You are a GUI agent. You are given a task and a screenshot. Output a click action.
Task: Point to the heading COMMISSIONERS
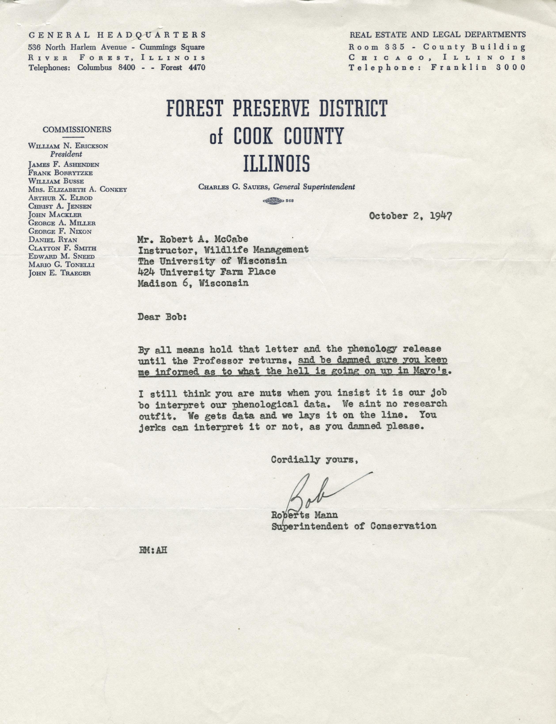tap(77, 129)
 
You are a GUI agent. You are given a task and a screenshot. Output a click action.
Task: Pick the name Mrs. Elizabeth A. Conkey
tap(78, 189)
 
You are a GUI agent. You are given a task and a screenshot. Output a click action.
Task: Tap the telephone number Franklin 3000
tap(478, 68)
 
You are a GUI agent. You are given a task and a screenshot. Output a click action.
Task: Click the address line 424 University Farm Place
tap(207, 272)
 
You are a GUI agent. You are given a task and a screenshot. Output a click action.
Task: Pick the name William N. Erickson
tap(68, 146)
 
